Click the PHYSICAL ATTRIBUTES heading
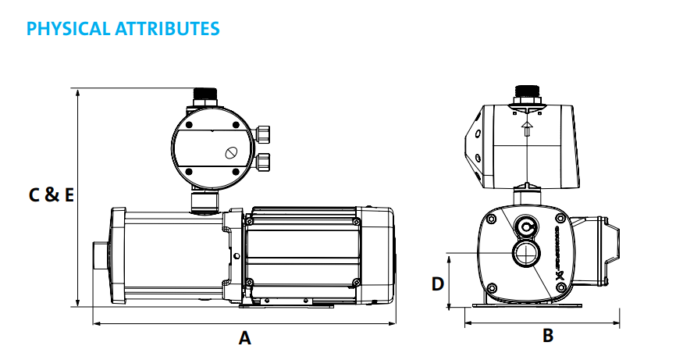123,29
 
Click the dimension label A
244,338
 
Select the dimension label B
548,336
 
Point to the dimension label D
437,283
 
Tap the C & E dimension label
52,195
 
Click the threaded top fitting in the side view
206,98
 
